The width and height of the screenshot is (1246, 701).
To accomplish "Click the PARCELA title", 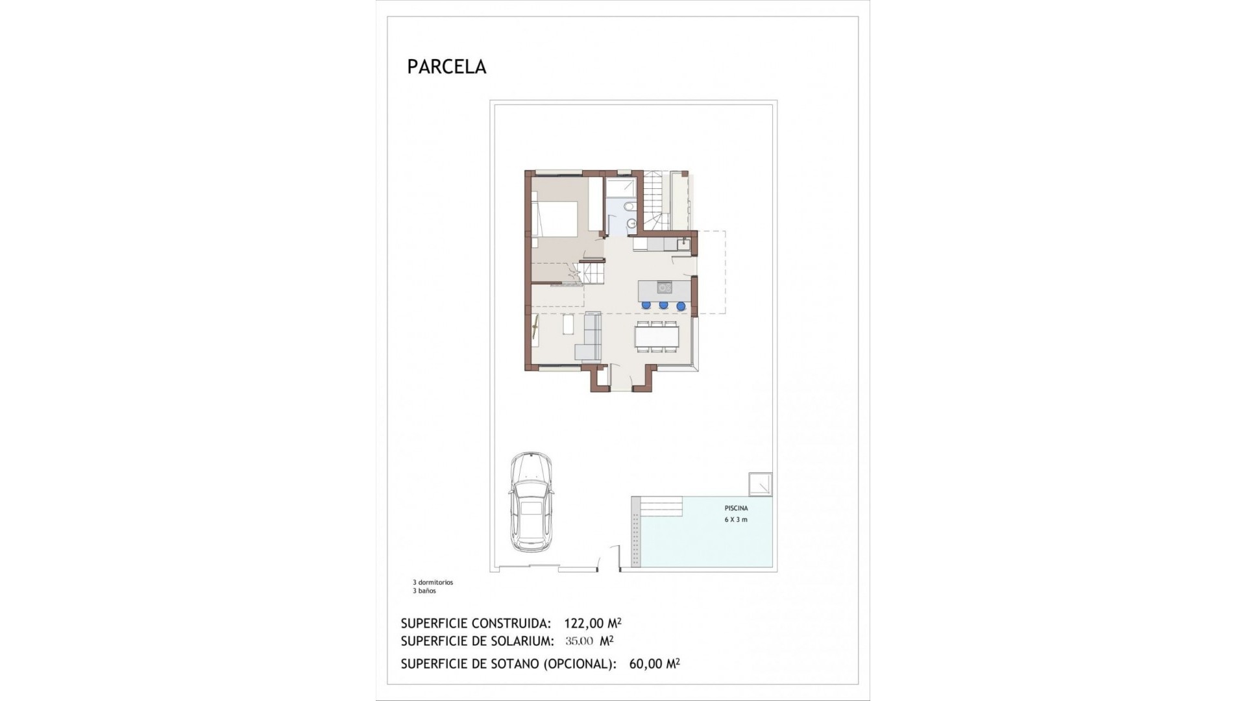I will coord(446,67).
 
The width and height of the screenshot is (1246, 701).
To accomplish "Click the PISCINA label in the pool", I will coord(736,508).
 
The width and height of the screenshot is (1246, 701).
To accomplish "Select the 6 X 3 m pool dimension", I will coord(736,519).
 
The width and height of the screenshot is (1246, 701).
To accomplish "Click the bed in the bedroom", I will coord(555,221).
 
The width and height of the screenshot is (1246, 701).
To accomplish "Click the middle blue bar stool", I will coord(663,305).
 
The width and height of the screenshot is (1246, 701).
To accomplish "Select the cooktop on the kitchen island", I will coord(664,287).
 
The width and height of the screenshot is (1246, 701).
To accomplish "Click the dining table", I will coord(657,336).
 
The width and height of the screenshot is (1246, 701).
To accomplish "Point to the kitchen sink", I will coord(682,244).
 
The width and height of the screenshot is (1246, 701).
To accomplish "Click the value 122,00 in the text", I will coord(583,623).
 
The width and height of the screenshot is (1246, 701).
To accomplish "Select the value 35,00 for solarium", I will coord(579,641).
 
